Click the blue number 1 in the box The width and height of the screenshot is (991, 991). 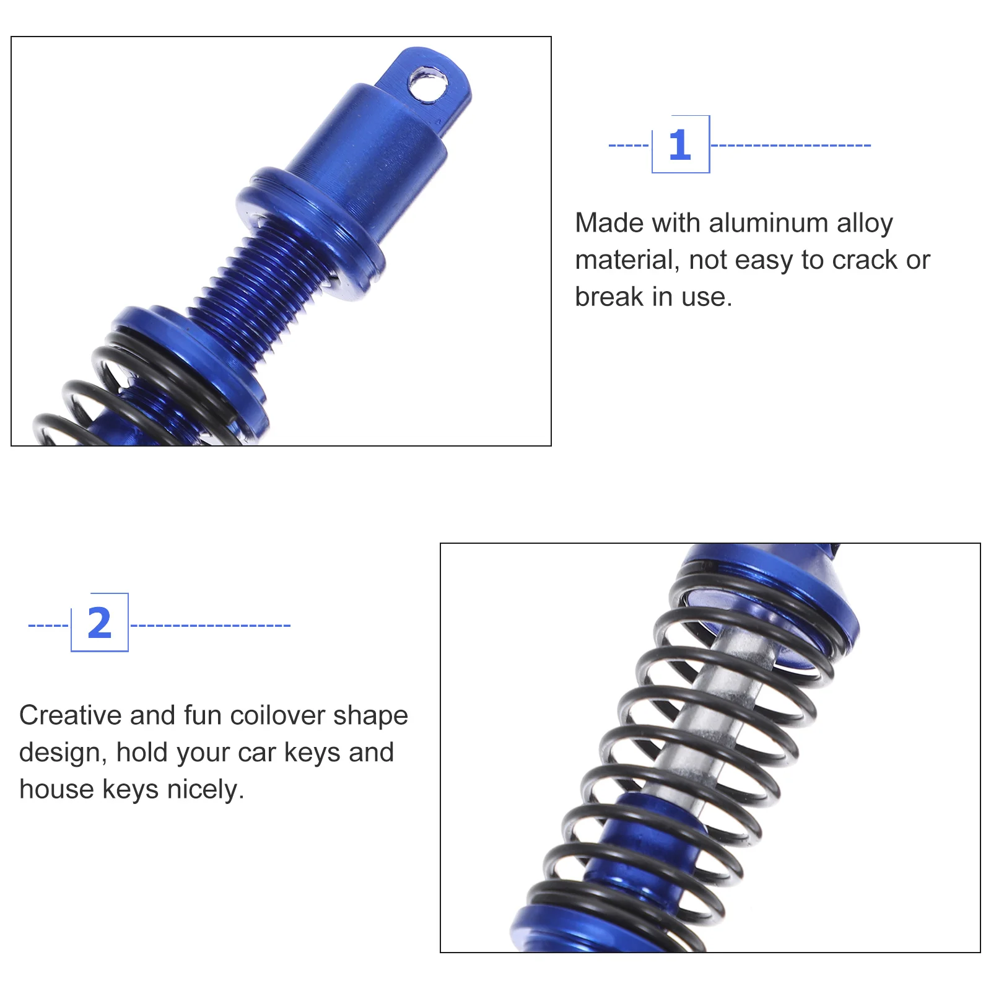tap(679, 145)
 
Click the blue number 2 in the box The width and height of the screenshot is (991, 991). tap(100, 623)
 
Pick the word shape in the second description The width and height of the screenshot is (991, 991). tap(371, 717)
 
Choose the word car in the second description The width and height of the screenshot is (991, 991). tap(256, 754)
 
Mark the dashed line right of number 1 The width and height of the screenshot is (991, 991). tap(791, 146)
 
